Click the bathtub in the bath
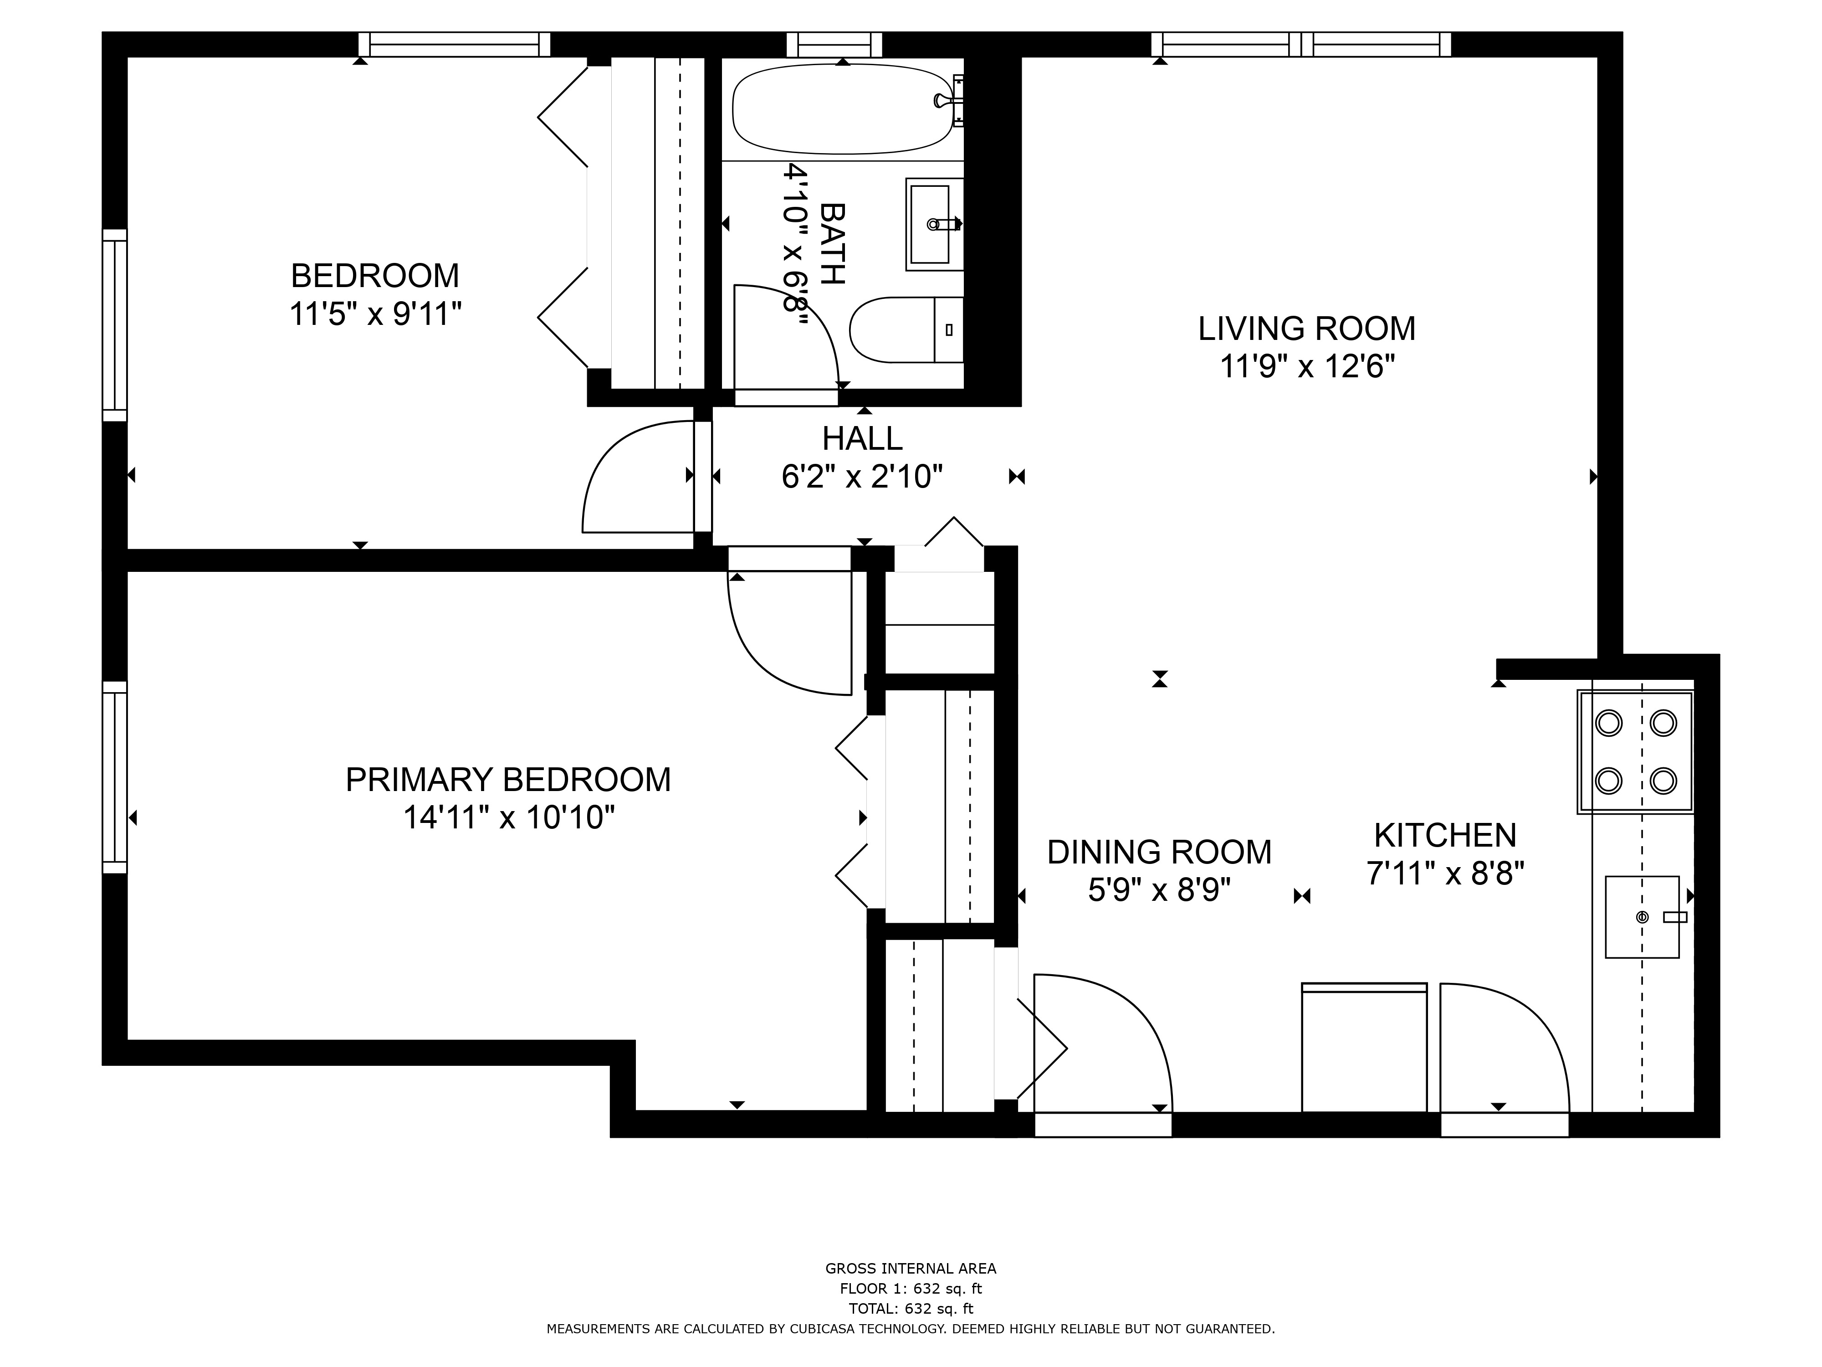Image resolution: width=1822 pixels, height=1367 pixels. (842, 109)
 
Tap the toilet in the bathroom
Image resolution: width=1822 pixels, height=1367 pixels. (906, 329)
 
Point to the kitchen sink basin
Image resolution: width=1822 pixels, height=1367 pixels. (1642, 917)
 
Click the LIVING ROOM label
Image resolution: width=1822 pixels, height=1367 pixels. (1306, 329)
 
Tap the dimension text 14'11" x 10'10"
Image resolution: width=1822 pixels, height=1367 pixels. (509, 818)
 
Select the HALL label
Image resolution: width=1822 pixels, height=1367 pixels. (862, 438)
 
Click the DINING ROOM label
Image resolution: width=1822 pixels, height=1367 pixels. (1159, 852)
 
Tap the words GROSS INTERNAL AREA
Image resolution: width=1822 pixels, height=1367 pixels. (911, 1269)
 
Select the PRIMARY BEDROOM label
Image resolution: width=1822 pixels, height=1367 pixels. (508, 780)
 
